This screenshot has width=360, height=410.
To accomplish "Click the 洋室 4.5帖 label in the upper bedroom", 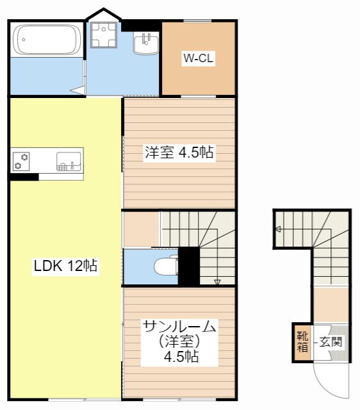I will (x=179, y=152).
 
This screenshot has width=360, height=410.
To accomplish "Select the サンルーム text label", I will (x=179, y=325).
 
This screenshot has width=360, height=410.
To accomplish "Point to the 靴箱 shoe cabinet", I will (x=302, y=342).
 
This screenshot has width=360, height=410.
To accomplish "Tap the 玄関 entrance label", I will (x=331, y=341).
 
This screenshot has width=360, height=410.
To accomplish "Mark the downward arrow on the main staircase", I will (x=217, y=281).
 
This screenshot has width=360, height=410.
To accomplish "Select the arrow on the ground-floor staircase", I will (x=278, y=229).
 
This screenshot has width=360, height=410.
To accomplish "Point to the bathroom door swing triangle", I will (x=78, y=90).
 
